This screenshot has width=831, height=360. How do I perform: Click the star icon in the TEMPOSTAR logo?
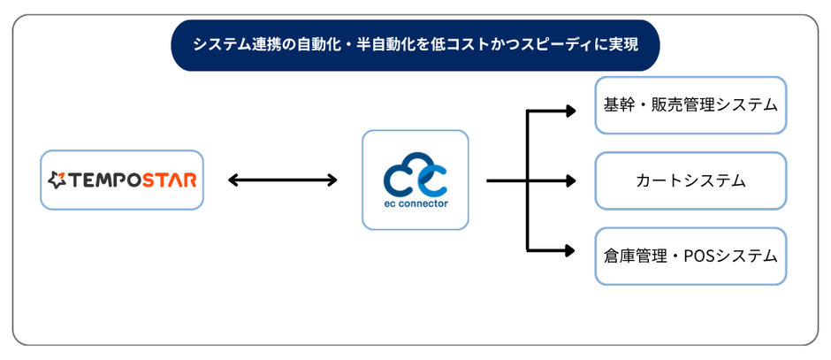pyautogui.click(x=57, y=181)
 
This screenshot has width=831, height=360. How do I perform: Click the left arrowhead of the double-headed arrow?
pyautogui.click(x=233, y=180)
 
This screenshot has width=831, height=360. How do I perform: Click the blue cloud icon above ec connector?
pyautogui.click(x=415, y=176)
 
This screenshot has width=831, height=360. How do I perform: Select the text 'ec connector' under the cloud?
pyautogui.click(x=415, y=203)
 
